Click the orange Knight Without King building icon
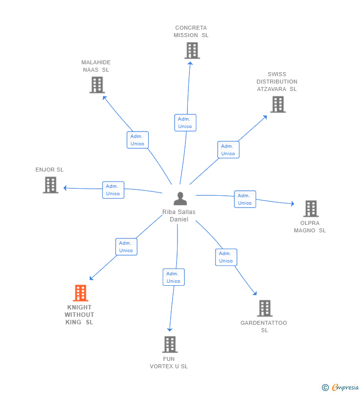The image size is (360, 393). pyautogui.click(x=80, y=293)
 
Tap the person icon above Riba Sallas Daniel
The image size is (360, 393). pyautogui.click(x=180, y=198)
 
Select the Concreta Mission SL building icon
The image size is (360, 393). pyautogui.click(x=192, y=50)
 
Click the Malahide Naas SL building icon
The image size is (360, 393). pyautogui.click(x=97, y=85)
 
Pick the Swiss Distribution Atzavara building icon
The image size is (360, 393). pyautogui.click(x=277, y=104)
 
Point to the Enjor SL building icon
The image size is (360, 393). pyautogui.click(x=50, y=185)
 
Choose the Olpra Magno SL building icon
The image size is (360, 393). pyautogui.click(x=311, y=209)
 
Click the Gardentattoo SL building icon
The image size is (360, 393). pyautogui.click(x=265, y=308)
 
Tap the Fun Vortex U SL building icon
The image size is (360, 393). pyautogui.click(x=170, y=345)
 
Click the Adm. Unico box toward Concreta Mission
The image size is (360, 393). pyautogui.click(x=185, y=123)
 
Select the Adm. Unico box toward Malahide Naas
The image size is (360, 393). pyautogui.click(x=137, y=140)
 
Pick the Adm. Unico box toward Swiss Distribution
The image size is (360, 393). pyautogui.click(x=228, y=150)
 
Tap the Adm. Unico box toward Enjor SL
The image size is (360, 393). pyautogui.click(x=113, y=190)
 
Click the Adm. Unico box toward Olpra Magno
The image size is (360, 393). pyautogui.click(x=245, y=199)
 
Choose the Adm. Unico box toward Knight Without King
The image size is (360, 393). pyautogui.click(x=126, y=247)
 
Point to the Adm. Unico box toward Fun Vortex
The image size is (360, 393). pyautogui.click(x=174, y=277)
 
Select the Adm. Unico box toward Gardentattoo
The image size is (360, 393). pyautogui.click(x=226, y=257)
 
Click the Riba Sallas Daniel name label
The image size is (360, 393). pyautogui.click(x=179, y=216)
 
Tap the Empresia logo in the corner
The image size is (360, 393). pyautogui.click(x=341, y=387)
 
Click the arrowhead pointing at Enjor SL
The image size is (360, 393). pyautogui.click(x=65, y=188)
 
